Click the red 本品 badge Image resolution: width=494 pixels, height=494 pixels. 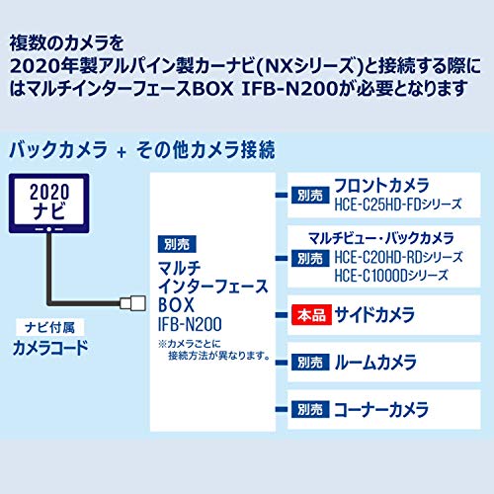coord(311,315)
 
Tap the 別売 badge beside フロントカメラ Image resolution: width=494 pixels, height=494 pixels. coord(310,195)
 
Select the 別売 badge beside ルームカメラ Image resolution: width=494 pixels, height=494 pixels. coord(310,362)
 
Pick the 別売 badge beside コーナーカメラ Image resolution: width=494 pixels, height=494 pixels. coord(310,409)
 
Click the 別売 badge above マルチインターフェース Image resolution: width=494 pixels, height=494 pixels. coord(177,244)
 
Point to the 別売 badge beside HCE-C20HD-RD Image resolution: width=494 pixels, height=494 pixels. coord(310,258)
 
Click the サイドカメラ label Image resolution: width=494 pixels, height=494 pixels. coord(374,314)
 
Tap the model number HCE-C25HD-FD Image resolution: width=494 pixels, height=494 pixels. coord(378,205)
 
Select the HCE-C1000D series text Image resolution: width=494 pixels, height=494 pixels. coord(391,276)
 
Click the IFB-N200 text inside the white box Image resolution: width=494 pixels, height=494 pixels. coord(190,324)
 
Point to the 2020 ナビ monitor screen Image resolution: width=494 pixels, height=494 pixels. coord(49,202)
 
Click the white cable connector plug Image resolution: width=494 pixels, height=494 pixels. coord(133,303)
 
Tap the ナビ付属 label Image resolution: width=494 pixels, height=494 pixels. coord(50,327)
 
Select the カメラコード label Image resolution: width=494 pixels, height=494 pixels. coord(50,348)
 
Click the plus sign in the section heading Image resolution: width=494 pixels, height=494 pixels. coord(122,152)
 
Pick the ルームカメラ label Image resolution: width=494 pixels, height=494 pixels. coord(375,362)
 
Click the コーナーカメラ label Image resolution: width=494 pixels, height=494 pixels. coord(381,409)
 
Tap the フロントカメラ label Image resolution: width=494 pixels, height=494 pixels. coord(381,185)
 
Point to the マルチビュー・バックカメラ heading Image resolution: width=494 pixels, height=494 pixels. coord(381,238)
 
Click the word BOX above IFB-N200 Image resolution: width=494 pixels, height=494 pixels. coord(177,305)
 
